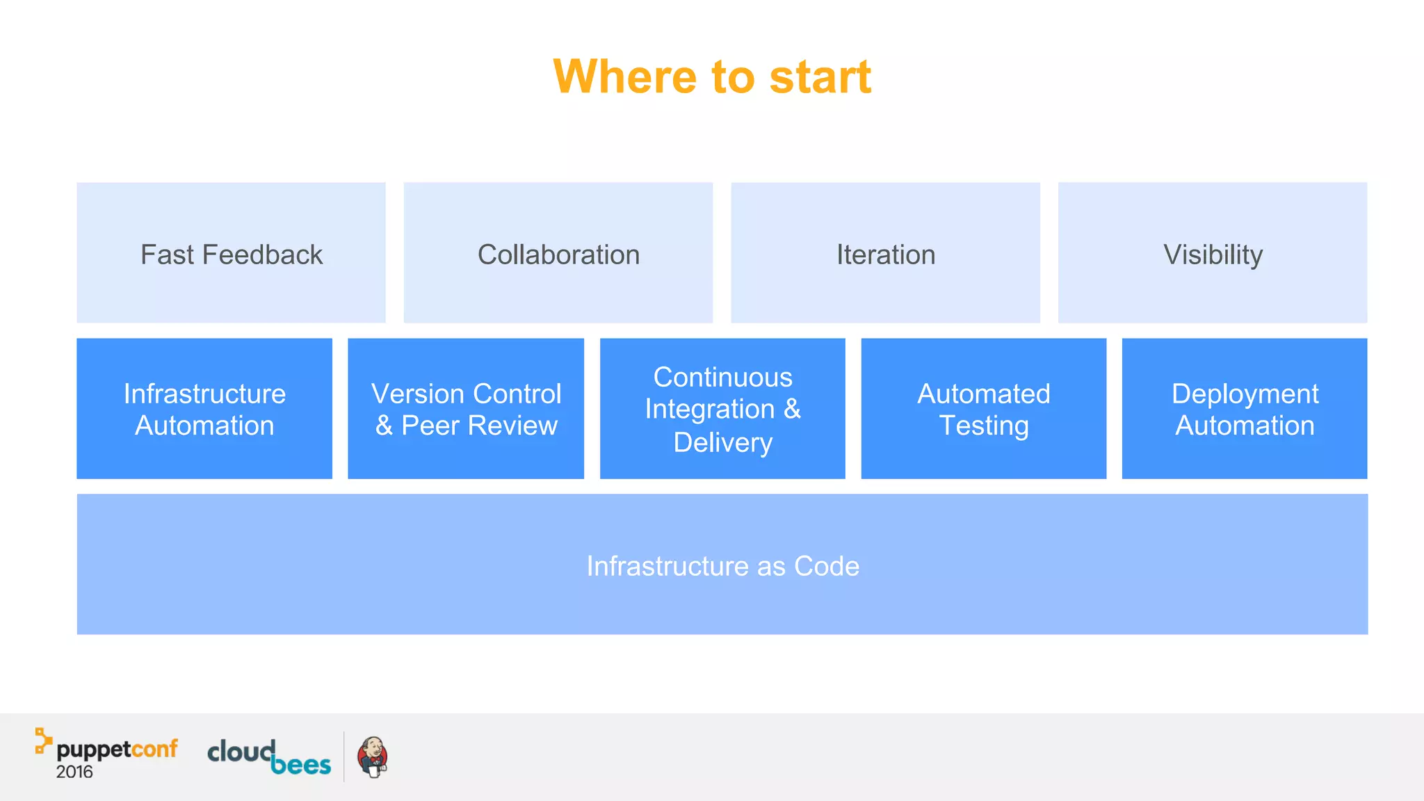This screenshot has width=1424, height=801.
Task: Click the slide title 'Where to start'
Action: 712,76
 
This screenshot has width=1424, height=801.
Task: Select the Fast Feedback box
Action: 231,252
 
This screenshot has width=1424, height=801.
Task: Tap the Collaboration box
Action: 558,252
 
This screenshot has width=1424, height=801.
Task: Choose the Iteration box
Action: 885,252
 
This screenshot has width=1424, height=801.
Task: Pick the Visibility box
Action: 1213,252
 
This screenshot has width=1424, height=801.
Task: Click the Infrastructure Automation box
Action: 204,408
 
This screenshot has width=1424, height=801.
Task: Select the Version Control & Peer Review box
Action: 466,408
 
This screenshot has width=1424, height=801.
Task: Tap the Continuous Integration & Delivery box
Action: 722,408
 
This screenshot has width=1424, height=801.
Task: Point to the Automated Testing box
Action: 983,408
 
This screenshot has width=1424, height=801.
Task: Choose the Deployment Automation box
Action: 1245,408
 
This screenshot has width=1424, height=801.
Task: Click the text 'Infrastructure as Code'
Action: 722,566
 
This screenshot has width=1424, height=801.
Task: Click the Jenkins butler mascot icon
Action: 373,756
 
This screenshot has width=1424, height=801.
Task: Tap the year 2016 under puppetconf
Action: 74,772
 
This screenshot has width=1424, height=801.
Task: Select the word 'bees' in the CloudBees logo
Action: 300,765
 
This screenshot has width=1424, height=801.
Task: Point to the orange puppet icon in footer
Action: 43,741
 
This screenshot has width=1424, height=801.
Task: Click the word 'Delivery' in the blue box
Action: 723,442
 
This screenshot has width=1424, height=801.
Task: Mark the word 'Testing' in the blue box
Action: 984,426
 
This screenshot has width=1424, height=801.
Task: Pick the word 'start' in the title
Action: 820,76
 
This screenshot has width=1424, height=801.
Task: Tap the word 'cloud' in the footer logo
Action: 241,751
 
